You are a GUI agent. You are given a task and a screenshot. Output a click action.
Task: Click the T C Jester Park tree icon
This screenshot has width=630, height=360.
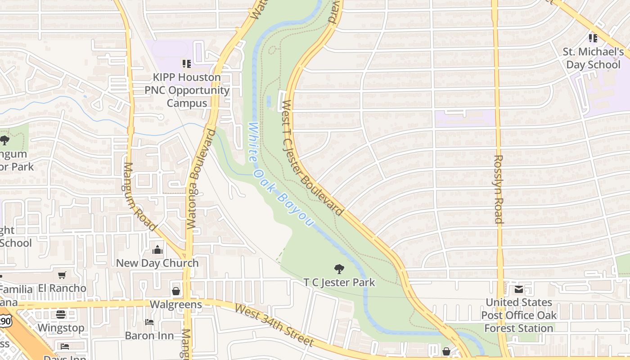(x=339, y=269)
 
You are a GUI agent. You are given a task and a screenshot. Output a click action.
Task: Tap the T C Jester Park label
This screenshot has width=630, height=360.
(x=339, y=283)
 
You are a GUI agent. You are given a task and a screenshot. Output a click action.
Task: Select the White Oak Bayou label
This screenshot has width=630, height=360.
(x=280, y=175)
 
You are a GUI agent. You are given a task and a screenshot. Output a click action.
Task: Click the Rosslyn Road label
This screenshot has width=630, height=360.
(x=499, y=189)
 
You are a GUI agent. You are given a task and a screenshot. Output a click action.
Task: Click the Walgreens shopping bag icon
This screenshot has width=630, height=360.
(x=176, y=292)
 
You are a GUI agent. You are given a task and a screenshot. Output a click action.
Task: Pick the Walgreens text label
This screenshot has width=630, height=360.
(x=175, y=305)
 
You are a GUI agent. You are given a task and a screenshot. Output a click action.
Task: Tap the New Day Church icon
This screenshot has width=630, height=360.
(x=157, y=250)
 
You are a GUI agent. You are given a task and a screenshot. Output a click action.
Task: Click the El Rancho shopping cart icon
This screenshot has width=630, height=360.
(x=62, y=275)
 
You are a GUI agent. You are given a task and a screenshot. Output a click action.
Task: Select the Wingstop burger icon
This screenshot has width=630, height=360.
(x=61, y=315)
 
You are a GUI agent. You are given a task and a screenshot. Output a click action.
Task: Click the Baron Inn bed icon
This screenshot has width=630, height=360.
(x=149, y=322)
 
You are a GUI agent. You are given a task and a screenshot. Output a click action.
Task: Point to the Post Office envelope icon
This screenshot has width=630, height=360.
(x=519, y=289)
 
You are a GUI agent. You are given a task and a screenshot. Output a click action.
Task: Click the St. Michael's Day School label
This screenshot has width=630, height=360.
(x=593, y=58)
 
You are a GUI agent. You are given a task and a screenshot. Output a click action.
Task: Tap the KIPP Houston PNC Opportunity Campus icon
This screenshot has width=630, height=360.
(x=187, y=64)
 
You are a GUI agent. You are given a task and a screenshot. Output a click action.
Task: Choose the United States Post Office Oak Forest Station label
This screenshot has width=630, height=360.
(x=519, y=315)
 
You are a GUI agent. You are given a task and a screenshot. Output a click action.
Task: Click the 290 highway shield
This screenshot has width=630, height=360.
(x=4, y=320)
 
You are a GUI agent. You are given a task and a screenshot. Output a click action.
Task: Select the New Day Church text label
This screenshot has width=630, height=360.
(x=157, y=263)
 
